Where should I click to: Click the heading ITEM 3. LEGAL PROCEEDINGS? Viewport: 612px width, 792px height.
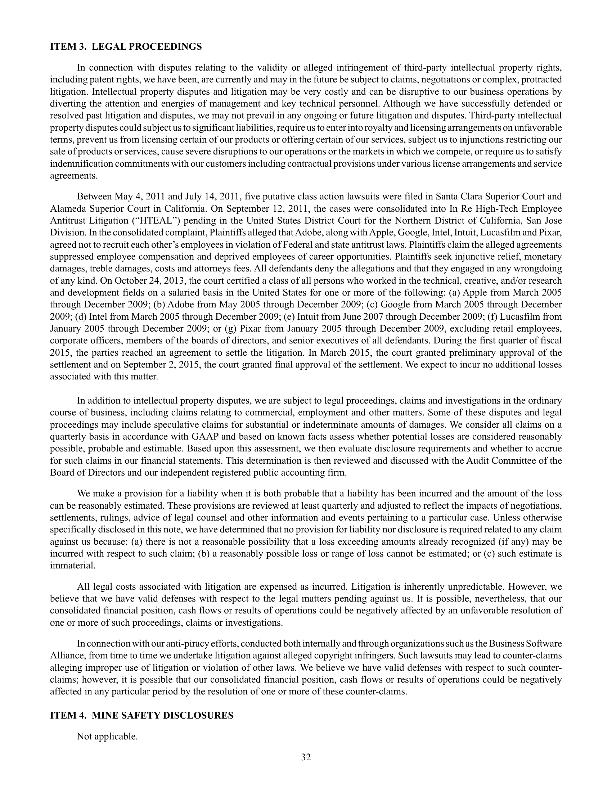pos(125,47)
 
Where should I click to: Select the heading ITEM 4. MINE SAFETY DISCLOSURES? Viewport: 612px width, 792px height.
pos(141,715)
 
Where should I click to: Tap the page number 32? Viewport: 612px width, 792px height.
pos(306,757)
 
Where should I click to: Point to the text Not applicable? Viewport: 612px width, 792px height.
pos(107,736)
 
